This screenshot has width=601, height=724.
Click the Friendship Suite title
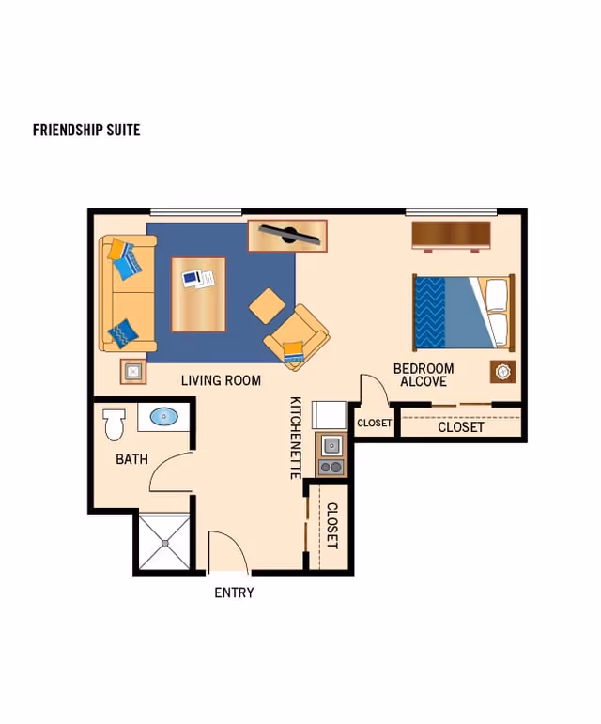pos(86,130)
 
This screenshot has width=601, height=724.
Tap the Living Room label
pos(221,380)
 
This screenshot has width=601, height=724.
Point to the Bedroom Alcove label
pos(424,375)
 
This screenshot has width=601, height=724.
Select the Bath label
pos(131,459)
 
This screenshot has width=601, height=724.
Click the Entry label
pos(234,593)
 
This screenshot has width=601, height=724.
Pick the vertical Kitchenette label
pos(296,438)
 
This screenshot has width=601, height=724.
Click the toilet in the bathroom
pos(114,424)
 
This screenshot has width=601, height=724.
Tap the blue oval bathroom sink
pos(164,417)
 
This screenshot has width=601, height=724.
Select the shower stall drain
pos(164,544)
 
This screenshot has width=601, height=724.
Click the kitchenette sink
pos(331,445)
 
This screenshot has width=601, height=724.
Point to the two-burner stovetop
pos(331,468)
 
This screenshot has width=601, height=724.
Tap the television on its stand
pos(288,235)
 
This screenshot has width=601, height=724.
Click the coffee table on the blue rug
pos(198,294)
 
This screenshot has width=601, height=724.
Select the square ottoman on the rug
pos(268,306)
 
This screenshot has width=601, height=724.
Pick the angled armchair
pos(297,336)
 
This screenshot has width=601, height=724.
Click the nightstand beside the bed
pos(502,372)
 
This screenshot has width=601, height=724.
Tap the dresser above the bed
pos(451,236)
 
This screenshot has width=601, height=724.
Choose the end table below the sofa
pos(133,371)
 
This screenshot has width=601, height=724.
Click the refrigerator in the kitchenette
pos(330,415)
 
